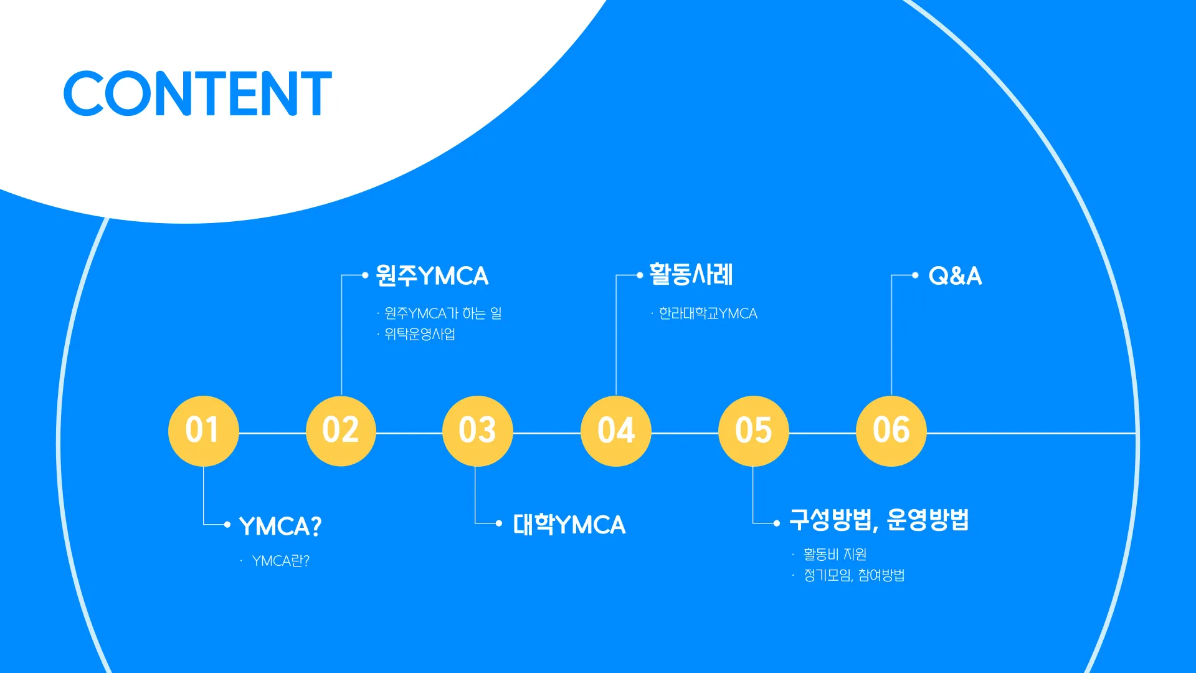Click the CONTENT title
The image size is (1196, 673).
coord(197,93)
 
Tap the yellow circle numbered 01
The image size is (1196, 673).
coord(203,431)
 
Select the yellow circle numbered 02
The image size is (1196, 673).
coord(341,431)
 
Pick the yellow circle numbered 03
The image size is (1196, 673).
coord(477,431)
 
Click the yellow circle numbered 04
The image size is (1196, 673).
coord(615,431)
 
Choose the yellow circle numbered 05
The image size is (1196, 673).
coord(753,431)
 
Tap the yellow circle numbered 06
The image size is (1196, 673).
coord(891,431)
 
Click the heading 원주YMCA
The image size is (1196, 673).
coord(432,275)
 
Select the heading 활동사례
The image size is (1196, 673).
coord(691,274)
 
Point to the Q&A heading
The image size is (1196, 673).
coord(955,275)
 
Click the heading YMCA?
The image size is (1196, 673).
coord(280,526)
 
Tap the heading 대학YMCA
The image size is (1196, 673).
coord(569,525)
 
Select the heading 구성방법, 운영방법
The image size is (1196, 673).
coord(879,520)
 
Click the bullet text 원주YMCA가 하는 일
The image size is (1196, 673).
coord(443,313)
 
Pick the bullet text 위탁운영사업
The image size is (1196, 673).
coord(420,334)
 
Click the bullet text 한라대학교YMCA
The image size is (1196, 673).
coord(708,313)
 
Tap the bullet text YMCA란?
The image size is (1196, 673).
coord(280,561)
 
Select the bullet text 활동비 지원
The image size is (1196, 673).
coord(835,554)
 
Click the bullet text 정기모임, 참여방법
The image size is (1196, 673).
coord(853,575)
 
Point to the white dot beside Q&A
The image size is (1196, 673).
coord(915,275)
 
